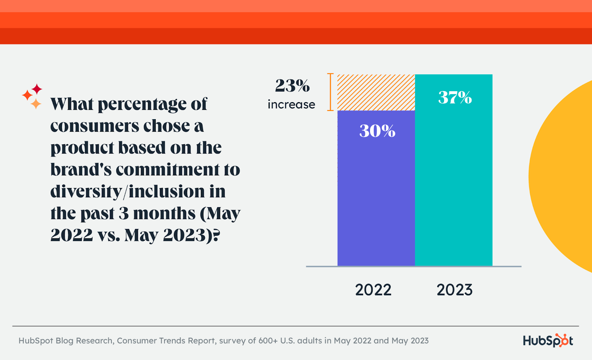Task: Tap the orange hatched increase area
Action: (x=376, y=92)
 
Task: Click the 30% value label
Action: (x=377, y=131)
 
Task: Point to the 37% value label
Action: (x=455, y=98)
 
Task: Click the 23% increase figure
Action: (x=292, y=86)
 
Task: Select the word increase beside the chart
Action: (x=291, y=105)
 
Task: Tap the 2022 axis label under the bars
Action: (x=373, y=290)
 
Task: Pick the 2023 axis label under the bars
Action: (x=454, y=290)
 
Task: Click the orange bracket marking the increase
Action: (x=330, y=92)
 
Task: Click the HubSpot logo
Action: (x=548, y=340)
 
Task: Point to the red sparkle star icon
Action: (x=37, y=89)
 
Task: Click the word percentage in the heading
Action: (x=142, y=104)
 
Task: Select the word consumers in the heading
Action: (x=94, y=126)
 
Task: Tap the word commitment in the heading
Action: (x=167, y=170)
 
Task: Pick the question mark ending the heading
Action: (x=216, y=235)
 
